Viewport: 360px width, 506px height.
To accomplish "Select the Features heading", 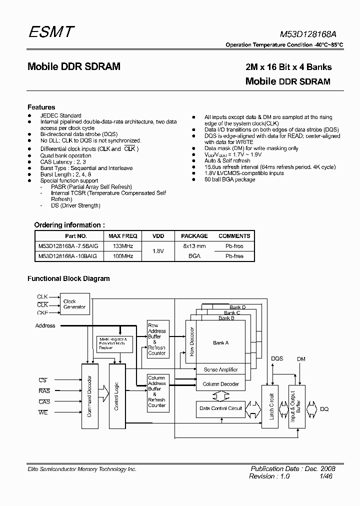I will click(x=41, y=107).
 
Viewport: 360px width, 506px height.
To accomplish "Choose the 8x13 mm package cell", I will click(x=194, y=246).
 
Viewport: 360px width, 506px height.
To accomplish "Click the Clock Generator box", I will click(x=74, y=304).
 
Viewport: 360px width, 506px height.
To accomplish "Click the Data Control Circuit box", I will click(x=220, y=408).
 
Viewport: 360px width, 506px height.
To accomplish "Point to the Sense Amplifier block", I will click(x=220, y=369).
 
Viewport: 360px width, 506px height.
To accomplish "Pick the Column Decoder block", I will click(x=220, y=384).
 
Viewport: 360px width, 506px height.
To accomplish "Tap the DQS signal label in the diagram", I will click(x=277, y=358).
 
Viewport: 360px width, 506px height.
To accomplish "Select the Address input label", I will click(x=45, y=326).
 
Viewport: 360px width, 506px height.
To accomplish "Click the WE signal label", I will click(x=43, y=412).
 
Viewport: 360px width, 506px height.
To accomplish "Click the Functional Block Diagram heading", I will click(x=68, y=278).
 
